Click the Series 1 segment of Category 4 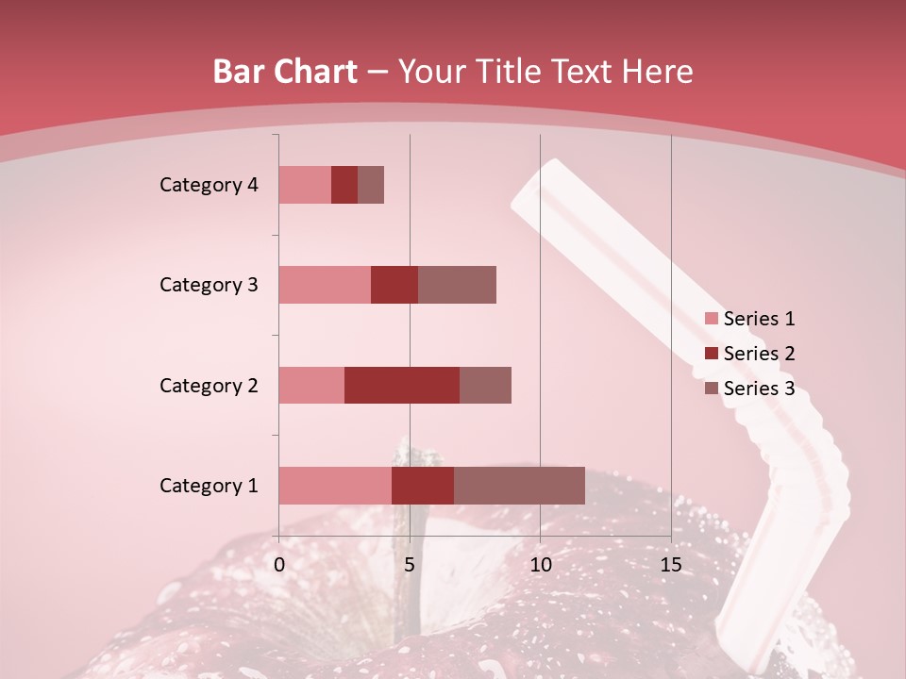[x=305, y=185]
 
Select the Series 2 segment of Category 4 [x=344, y=185]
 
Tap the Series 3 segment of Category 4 [x=371, y=185]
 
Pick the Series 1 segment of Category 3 [x=325, y=285]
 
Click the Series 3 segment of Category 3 [x=457, y=285]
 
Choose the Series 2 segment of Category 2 [x=402, y=385]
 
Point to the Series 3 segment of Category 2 [x=485, y=385]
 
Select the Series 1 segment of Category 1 [x=335, y=486]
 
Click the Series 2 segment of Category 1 [x=423, y=486]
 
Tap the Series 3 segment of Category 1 [x=519, y=486]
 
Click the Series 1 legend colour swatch [x=711, y=319]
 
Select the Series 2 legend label [x=759, y=354]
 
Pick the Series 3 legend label [x=759, y=389]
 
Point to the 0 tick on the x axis [x=279, y=565]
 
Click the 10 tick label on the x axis [x=540, y=565]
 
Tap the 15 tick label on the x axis [x=670, y=565]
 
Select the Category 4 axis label [x=209, y=185]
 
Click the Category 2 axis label [x=209, y=385]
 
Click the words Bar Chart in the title [x=285, y=72]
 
